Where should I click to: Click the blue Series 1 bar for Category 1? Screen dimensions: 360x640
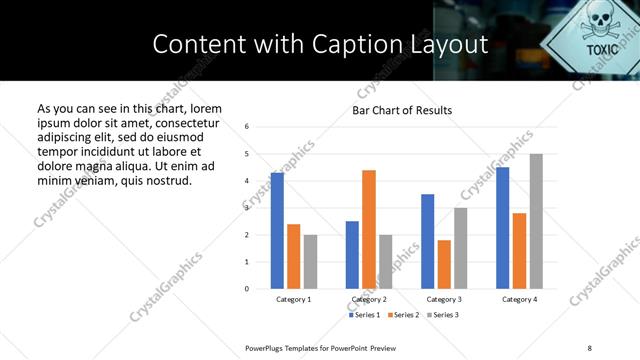(277, 230)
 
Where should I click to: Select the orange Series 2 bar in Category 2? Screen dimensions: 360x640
(368, 229)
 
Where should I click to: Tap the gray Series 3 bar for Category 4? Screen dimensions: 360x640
(536, 221)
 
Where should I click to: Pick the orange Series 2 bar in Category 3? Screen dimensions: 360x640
(444, 264)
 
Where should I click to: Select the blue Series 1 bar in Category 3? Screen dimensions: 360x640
(427, 241)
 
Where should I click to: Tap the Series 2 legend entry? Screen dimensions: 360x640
(403, 315)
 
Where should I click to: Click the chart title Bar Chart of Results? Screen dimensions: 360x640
(402, 110)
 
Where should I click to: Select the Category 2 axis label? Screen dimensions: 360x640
(369, 299)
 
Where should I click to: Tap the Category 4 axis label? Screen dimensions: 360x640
(519, 299)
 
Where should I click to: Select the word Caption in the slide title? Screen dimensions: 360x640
(369, 44)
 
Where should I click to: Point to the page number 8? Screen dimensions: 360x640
(589, 347)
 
